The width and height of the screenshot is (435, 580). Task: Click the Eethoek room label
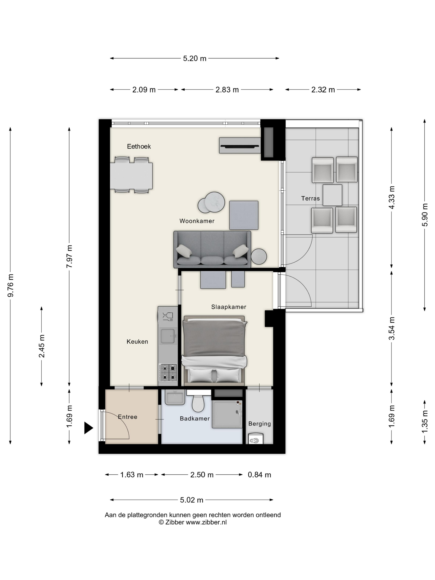(139, 146)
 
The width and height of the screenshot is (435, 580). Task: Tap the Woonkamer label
(197, 221)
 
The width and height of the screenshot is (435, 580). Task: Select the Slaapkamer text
(229, 307)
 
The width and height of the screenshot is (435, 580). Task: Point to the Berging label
(260, 424)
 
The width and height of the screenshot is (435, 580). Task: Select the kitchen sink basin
(168, 336)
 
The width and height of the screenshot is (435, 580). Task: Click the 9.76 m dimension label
(11, 285)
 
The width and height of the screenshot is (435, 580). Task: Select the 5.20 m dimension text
(195, 58)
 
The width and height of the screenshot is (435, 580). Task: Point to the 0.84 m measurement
(259, 475)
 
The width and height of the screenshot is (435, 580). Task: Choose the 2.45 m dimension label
(41, 346)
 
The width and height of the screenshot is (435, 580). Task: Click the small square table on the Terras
(332, 195)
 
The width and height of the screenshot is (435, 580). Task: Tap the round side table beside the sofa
(259, 256)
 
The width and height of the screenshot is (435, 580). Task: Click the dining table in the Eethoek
(131, 176)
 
